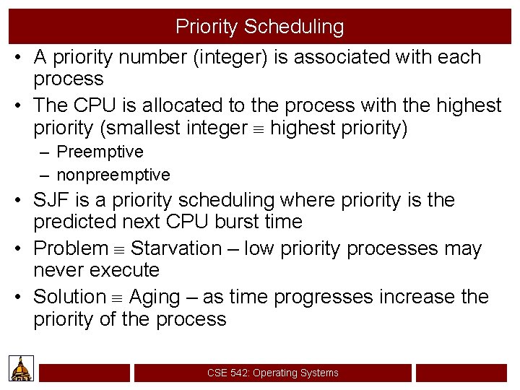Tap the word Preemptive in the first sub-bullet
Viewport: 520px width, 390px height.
tap(100, 152)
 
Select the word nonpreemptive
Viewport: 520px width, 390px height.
tap(113, 175)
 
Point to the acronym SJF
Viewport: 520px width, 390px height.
tap(51, 200)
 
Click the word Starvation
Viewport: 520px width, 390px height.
tap(176, 248)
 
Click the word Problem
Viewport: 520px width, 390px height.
tap(71, 248)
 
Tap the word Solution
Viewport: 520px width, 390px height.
tap(69, 297)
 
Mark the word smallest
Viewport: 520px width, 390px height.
tap(163, 128)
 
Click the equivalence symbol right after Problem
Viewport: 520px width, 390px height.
tap(118, 249)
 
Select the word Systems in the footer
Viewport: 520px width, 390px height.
tap(318, 373)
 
